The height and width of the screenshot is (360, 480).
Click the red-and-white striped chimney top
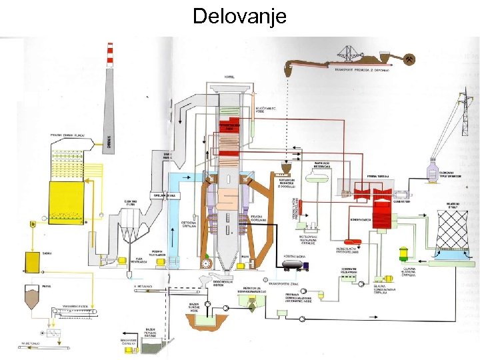(109, 53)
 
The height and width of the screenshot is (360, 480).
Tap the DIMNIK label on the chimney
(109, 140)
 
